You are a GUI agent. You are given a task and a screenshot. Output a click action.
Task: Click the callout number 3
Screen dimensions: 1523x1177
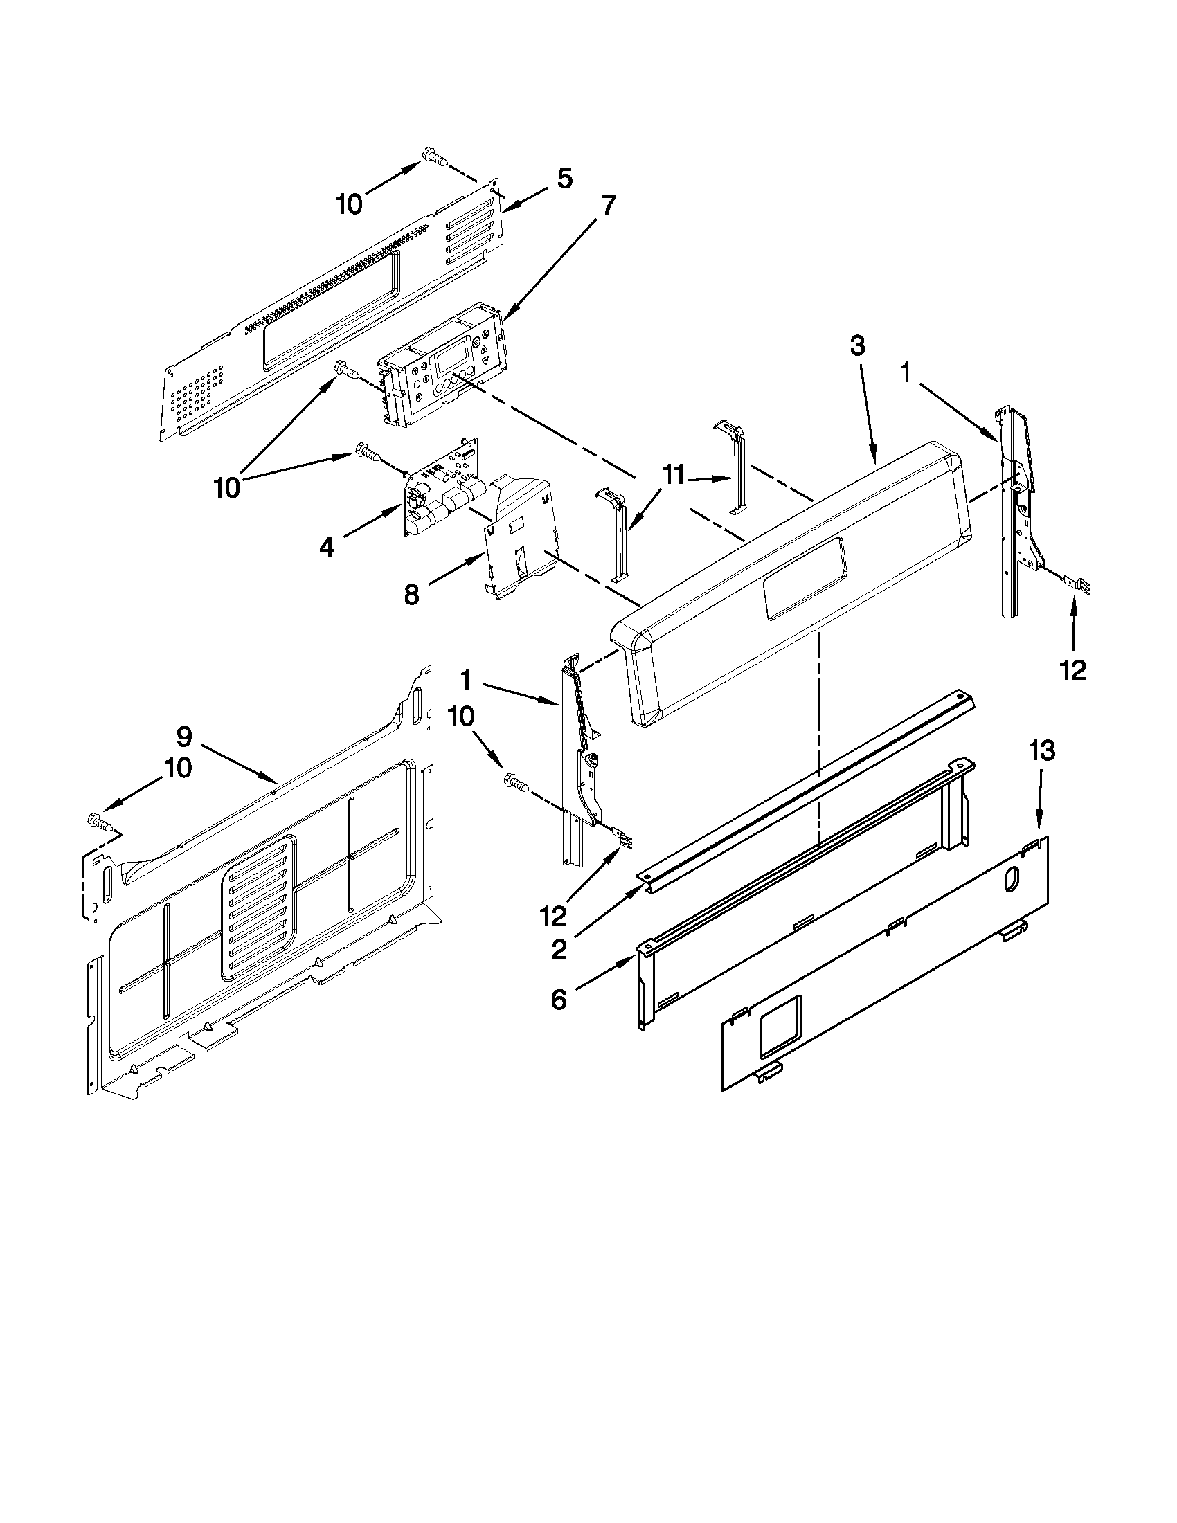[x=858, y=346]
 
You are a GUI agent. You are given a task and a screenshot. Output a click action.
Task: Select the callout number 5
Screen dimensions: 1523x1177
[x=565, y=179]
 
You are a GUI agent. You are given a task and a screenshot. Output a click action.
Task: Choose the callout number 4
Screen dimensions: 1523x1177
[x=327, y=547]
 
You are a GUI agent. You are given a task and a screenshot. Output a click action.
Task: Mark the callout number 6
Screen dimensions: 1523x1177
[x=559, y=1000]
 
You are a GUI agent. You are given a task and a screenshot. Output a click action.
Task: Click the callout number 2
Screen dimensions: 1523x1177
[x=559, y=950]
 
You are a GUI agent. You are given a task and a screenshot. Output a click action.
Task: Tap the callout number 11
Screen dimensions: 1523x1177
[x=674, y=476]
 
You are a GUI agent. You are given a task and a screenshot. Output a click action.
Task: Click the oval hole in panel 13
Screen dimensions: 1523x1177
[x=1009, y=880]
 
